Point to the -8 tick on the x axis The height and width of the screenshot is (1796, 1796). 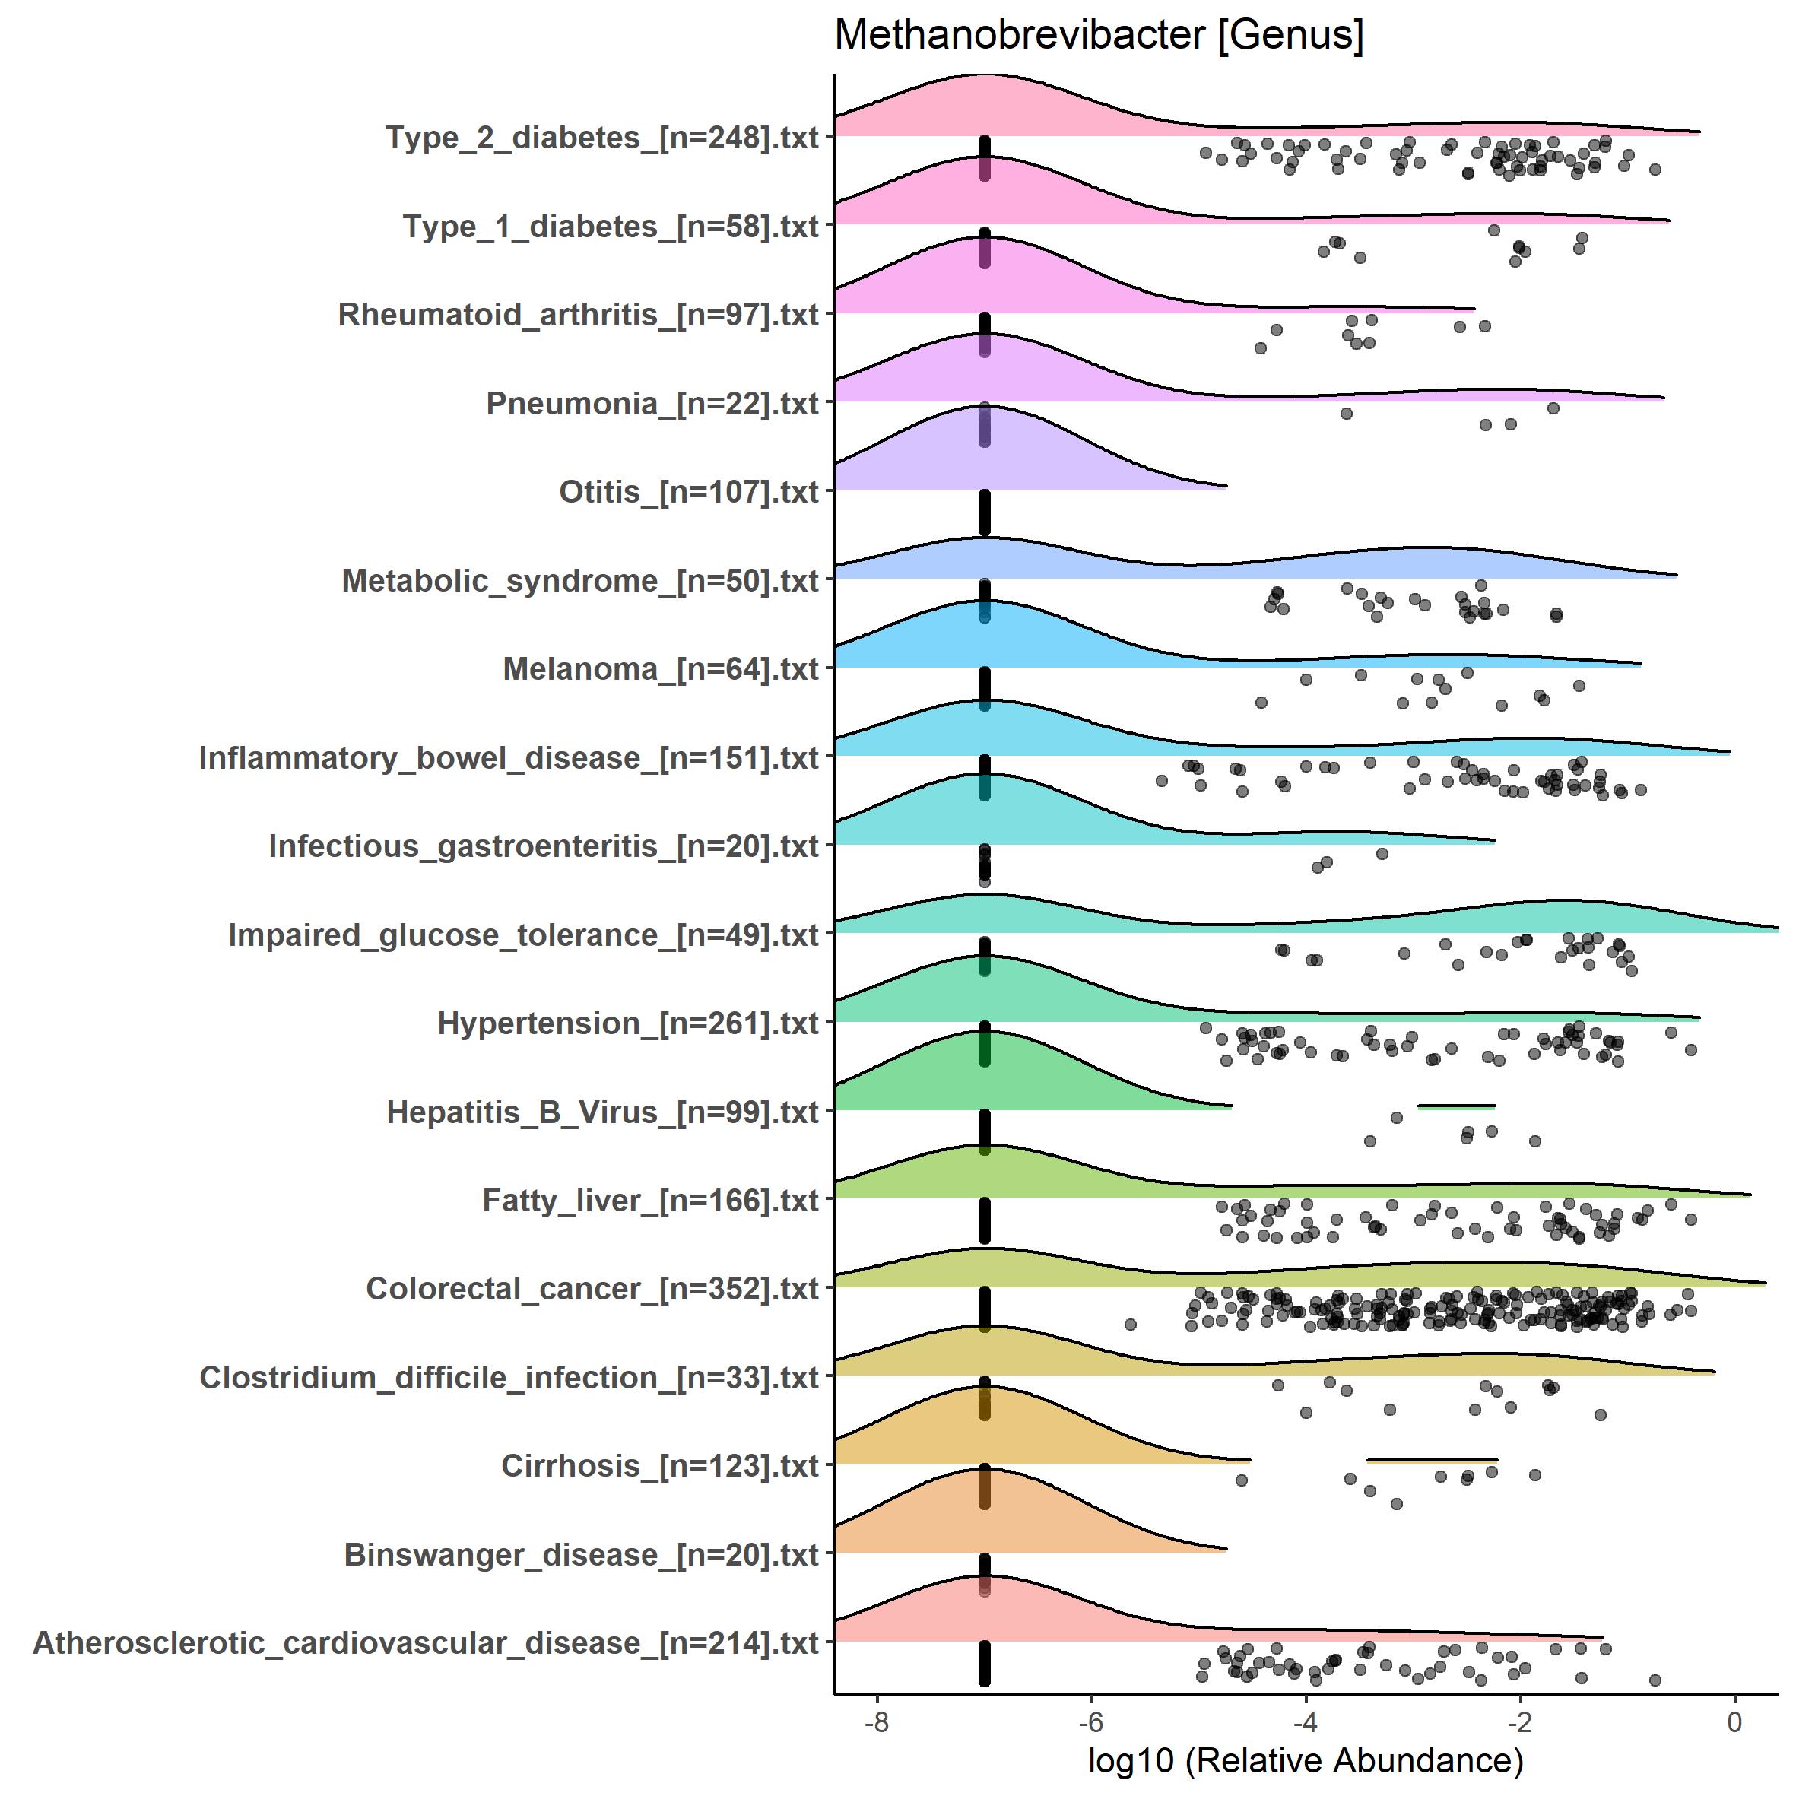click(877, 1722)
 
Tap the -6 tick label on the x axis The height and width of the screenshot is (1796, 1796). click(1090, 1722)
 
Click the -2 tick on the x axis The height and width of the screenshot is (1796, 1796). click(1520, 1722)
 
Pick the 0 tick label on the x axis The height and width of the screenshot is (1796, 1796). click(1734, 1722)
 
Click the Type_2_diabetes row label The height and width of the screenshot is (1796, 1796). click(602, 138)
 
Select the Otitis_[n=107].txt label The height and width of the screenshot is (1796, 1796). click(689, 492)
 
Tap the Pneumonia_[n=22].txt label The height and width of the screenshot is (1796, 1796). click(652, 404)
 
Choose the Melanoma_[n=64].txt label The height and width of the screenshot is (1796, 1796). click(661, 669)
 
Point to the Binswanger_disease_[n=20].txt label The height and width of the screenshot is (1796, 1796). click(581, 1555)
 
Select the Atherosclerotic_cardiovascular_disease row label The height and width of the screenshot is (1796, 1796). click(426, 1643)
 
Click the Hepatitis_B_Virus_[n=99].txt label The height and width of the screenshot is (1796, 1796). click(602, 1112)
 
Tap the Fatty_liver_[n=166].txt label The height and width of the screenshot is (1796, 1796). click(651, 1200)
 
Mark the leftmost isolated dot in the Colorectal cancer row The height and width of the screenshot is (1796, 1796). click(1131, 1324)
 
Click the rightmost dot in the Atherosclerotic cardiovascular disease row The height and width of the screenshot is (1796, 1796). click(1655, 1680)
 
